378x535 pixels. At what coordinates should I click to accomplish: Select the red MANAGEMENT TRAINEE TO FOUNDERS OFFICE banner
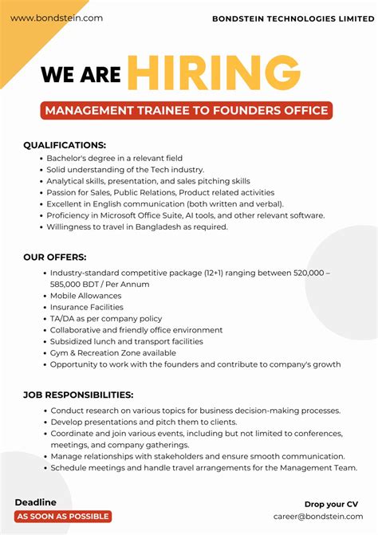[186, 110]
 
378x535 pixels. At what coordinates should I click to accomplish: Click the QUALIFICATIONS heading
[65, 145]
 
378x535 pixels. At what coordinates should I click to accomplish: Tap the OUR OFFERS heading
[55, 258]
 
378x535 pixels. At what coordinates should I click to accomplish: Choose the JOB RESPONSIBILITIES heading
[78, 395]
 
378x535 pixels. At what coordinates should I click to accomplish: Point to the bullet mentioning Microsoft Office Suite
[185, 215]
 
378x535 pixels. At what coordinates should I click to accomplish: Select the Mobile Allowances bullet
[86, 296]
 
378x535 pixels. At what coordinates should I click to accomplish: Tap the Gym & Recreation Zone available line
[113, 352]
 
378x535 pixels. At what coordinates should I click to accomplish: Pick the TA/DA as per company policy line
[106, 318]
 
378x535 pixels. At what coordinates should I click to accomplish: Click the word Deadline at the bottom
[36, 502]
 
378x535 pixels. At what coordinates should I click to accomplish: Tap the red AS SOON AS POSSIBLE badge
[63, 517]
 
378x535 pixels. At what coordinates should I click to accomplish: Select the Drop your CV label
[331, 504]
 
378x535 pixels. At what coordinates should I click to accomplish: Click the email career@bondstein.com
[317, 517]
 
